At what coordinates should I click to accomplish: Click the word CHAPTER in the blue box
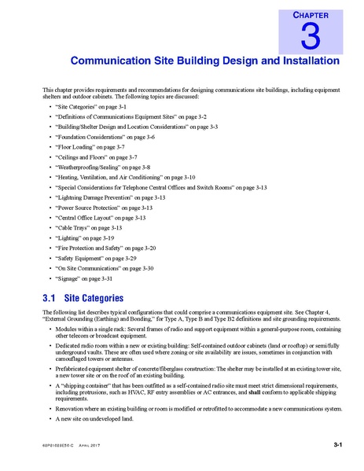point(310,13)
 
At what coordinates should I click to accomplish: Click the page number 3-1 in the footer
point(337,444)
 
